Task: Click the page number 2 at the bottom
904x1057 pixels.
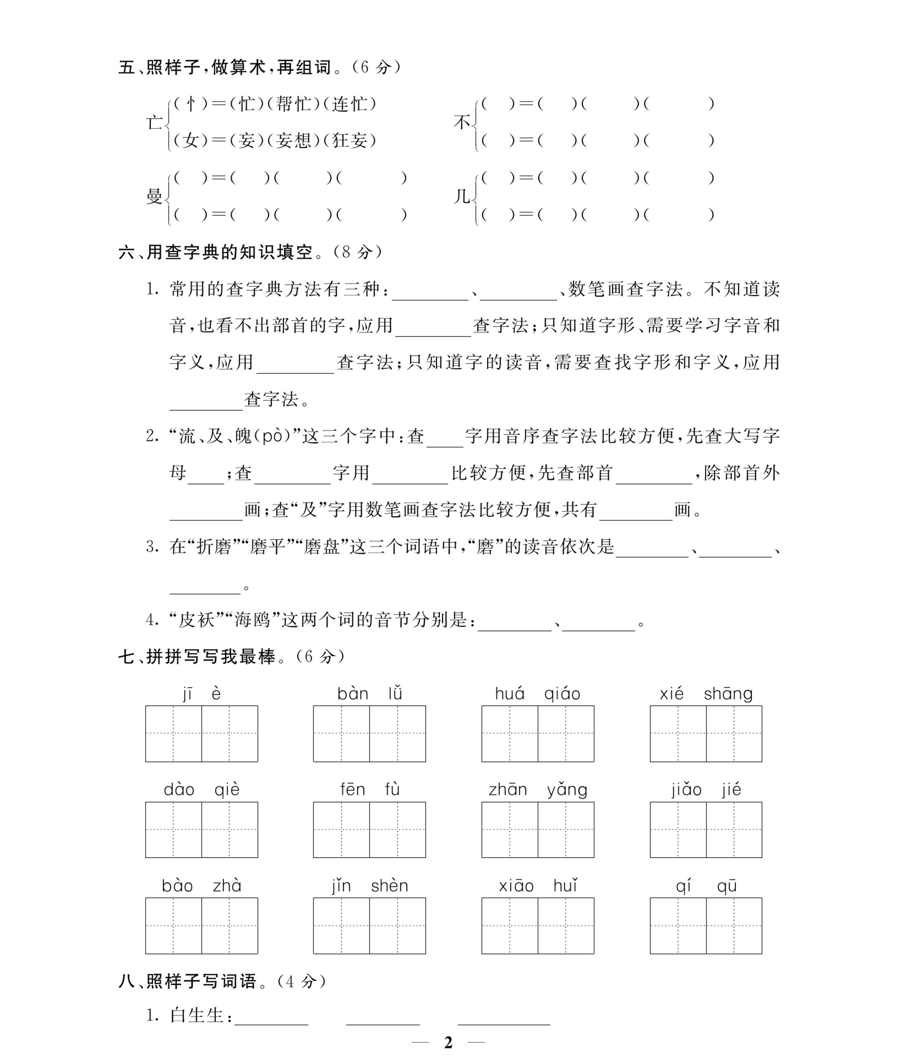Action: tap(448, 1042)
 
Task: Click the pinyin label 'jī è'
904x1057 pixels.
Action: tap(201, 694)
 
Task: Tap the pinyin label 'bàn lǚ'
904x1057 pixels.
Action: tap(369, 694)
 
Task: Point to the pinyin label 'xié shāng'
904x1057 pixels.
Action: tap(705, 694)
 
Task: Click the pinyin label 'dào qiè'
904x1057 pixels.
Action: tap(201, 790)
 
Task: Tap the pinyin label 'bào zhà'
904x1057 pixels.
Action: tap(201, 886)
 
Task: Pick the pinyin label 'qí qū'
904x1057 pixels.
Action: tap(705, 886)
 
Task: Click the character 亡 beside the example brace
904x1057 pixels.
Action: tap(154, 123)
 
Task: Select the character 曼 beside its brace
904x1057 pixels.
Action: tap(154, 196)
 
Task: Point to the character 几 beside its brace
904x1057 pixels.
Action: tap(461, 196)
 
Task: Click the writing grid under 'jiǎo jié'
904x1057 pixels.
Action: tap(705, 830)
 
